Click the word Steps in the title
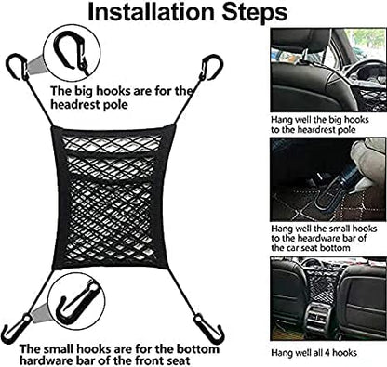[256, 13]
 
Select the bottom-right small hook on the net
[209, 330]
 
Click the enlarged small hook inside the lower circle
[78, 305]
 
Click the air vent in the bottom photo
[319, 317]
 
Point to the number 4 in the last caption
[327, 353]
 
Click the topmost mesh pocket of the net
[112, 144]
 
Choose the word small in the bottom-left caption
[60, 349]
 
